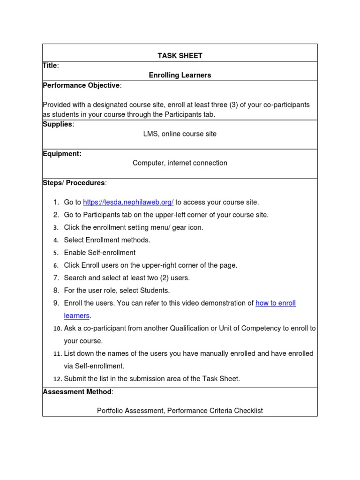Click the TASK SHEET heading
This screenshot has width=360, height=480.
pos(180,56)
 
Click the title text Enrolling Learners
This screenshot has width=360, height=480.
pos(180,75)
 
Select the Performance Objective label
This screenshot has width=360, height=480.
pos(81,85)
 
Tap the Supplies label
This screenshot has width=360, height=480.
pos(58,124)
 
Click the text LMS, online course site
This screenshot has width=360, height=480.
pos(180,134)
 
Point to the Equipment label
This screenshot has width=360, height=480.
pos(62,154)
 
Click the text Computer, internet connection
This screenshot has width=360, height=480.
pos(180,163)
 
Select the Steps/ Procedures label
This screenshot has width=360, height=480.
pos(74,183)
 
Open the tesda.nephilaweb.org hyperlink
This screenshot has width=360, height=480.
pos(128,202)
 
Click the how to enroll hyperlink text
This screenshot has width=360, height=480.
pos(276,303)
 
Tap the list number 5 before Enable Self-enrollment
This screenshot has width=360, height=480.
pos(55,253)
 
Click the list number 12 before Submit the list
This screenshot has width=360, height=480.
pos(57,379)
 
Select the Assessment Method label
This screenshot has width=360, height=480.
pos(77,391)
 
